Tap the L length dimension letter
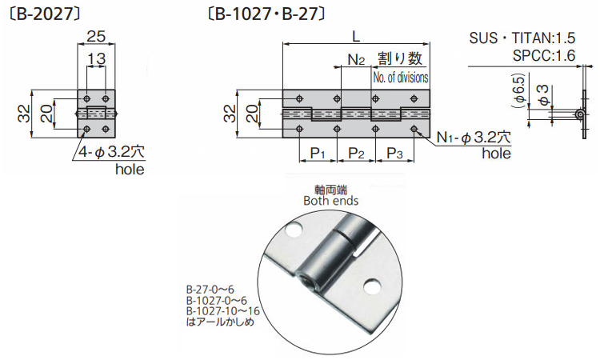355,36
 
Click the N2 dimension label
356,60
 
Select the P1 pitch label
318,153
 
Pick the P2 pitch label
355,153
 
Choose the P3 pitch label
394,153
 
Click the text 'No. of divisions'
400,78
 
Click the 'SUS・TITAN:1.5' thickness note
530,38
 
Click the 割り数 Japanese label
398,58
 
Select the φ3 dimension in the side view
542,94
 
